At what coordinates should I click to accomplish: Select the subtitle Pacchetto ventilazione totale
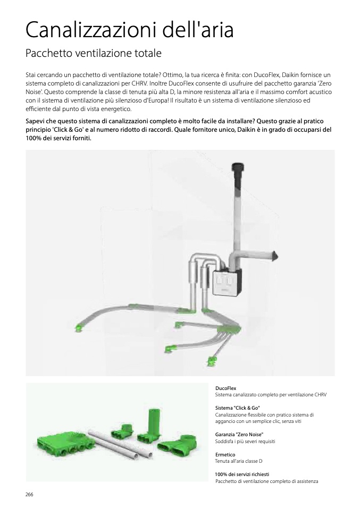pyautogui.click(x=93, y=54)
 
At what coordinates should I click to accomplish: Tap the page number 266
pyautogui.click(x=29, y=494)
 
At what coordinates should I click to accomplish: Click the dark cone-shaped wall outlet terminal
pyautogui.click(x=274, y=257)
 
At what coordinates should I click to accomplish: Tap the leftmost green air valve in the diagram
pyautogui.click(x=79, y=328)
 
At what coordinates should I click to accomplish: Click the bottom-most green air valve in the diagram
pyautogui.click(x=212, y=362)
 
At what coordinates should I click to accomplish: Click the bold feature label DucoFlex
pyautogui.click(x=225, y=388)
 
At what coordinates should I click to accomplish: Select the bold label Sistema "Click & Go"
pyautogui.click(x=237, y=407)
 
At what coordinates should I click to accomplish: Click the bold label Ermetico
pyautogui.click(x=225, y=454)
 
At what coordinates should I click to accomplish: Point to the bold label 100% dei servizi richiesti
pyautogui.click(x=242, y=474)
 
